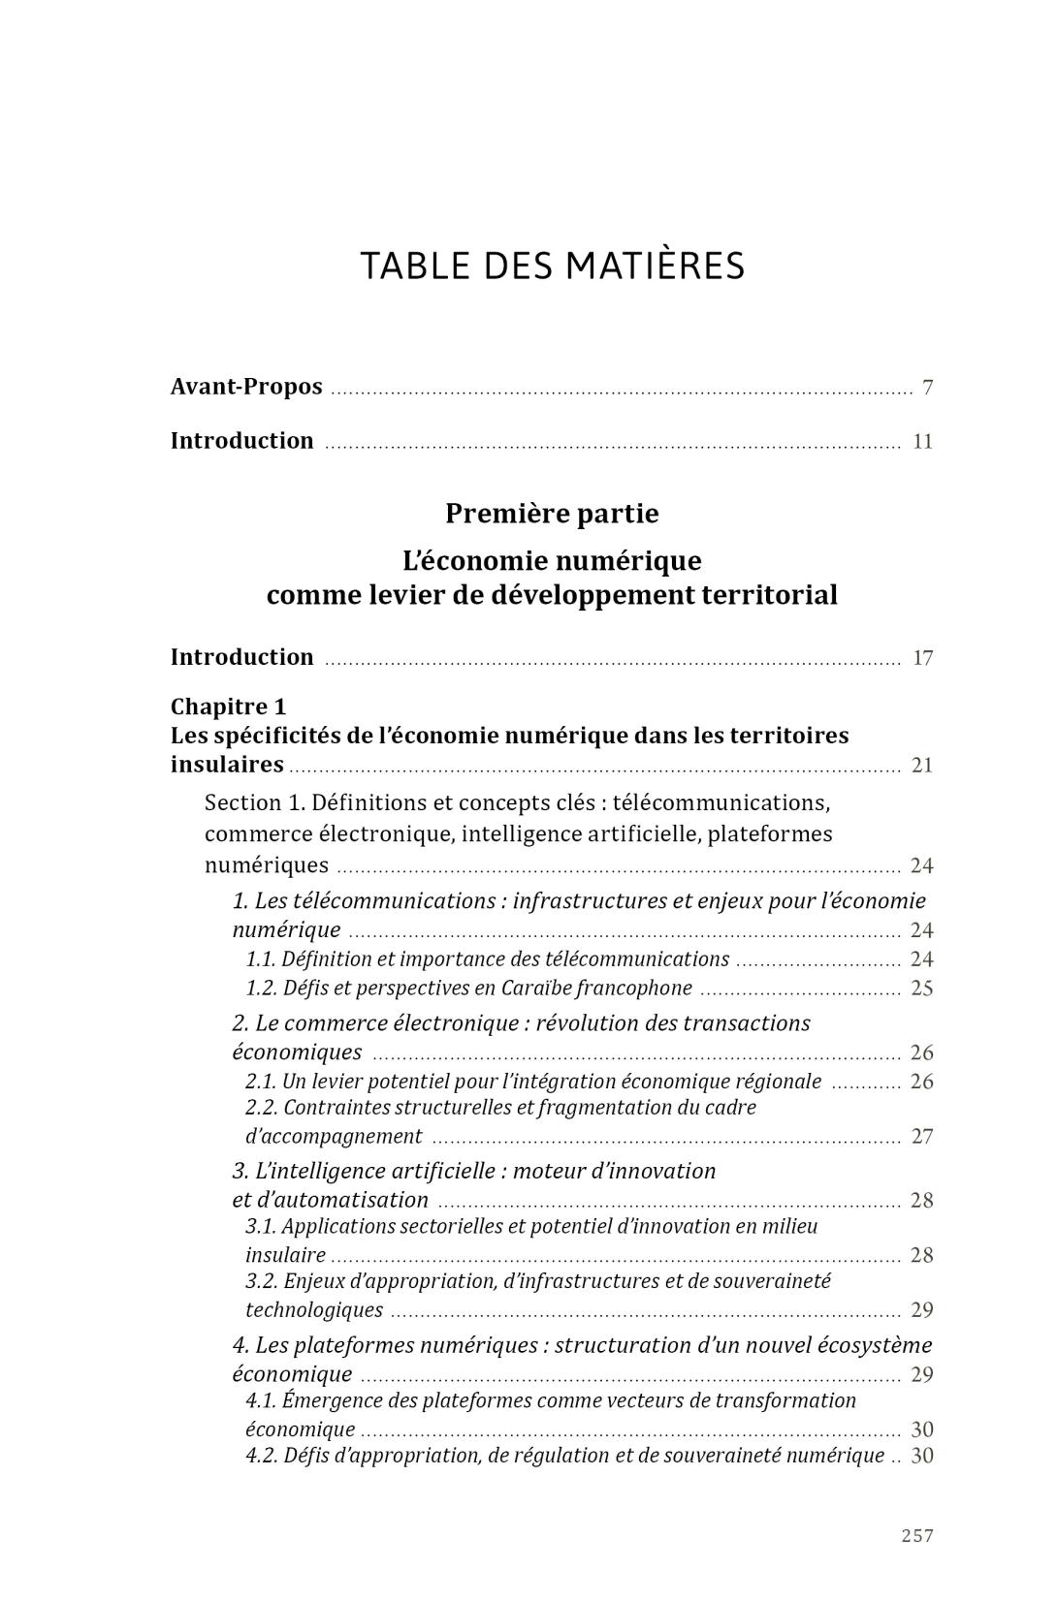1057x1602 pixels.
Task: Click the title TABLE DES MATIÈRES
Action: tap(552, 266)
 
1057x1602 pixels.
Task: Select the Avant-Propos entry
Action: tap(246, 387)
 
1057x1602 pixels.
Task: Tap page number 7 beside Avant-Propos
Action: tap(927, 388)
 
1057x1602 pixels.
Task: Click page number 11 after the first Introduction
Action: tap(922, 442)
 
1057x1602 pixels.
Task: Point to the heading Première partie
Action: tap(552, 514)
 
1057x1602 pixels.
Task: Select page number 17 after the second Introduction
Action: tap(922, 658)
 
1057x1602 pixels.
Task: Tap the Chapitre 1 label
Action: tap(228, 707)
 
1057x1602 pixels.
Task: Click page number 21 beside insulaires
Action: tap(921, 766)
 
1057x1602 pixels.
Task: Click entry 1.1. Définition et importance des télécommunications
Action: tap(487, 959)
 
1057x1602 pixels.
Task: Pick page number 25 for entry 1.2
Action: tap(921, 989)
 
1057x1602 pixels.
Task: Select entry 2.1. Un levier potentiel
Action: tap(533, 1082)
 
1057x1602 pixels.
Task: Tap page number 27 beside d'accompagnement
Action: tap(921, 1137)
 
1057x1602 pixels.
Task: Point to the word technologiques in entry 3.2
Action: tap(314, 1310)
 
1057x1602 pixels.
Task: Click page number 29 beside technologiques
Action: tap(921, 1310)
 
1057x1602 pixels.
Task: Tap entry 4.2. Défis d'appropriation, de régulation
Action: tap(564, 1456)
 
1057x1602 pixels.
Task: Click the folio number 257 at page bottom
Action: tap(916, 1535)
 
